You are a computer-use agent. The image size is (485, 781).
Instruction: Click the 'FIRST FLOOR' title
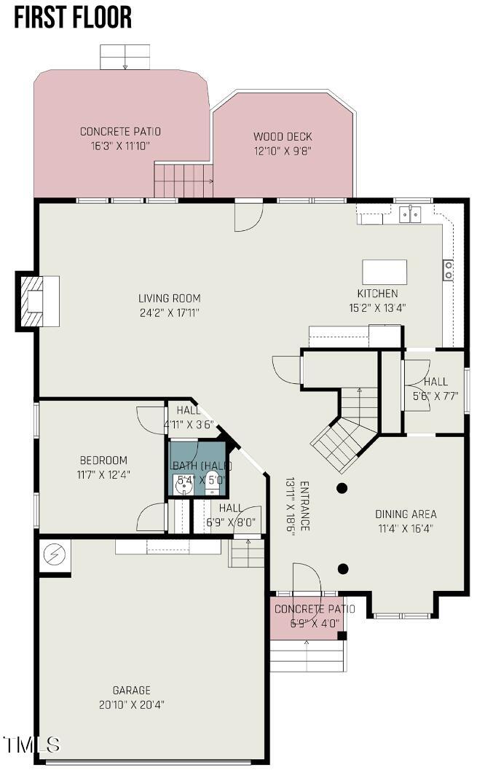click(x=73, y=17)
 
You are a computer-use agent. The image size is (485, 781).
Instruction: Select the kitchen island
click(x=385, y=272)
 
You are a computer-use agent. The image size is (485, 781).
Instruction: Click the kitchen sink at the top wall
click(x=410, y=213)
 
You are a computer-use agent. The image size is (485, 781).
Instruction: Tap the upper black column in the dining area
click(x=342, y=488)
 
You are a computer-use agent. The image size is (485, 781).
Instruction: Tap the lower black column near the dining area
click(x=343, y=568)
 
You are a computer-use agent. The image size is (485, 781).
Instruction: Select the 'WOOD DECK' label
click(x=283, y=137)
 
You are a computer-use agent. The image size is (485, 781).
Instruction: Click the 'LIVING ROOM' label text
click(x=169, y=298)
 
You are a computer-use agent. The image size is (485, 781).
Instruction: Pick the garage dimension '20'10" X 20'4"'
click(x=131, y=705)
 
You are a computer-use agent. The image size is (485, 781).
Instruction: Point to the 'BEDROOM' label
click(x=103, y=460)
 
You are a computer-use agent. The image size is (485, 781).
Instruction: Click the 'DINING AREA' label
click(x=406, y=514)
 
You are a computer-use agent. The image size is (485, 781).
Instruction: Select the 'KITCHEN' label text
click(x=377, y=294)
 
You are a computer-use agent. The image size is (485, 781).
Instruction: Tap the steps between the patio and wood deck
click(x=183, y=180)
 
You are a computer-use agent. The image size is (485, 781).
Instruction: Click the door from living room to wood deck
click(x=248, y=215)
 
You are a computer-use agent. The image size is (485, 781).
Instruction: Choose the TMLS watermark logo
click(x=31, y=745)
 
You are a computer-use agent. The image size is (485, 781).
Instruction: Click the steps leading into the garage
click(x=248, y=553)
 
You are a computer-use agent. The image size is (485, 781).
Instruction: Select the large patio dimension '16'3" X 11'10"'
click(x=120, y=145)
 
